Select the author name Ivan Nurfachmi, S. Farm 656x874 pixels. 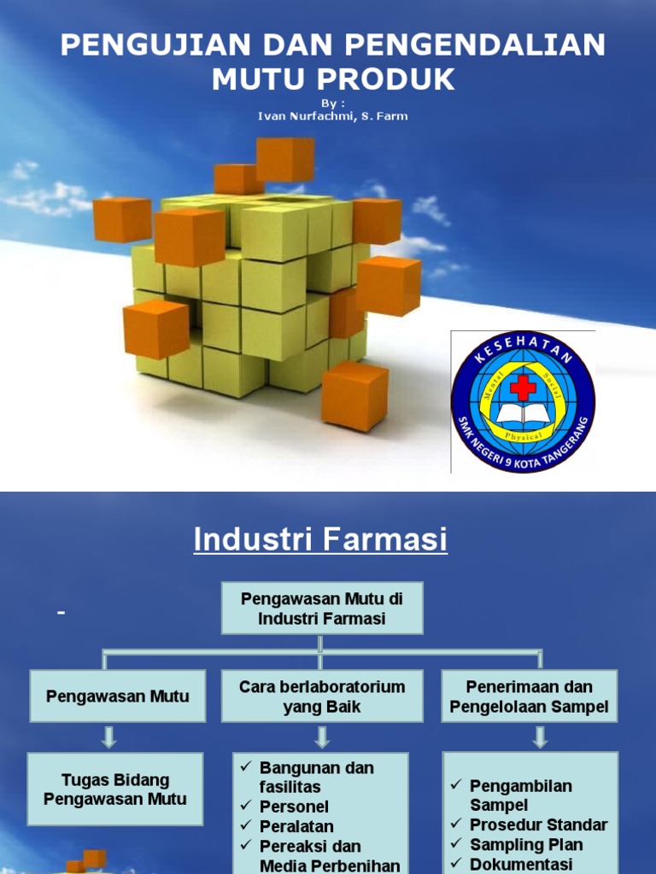[x=333, y=116]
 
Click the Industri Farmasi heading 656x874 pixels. [x=320, y=539]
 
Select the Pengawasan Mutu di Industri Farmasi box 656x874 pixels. [x=322, y=609]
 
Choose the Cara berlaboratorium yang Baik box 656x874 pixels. [x=322, y=696]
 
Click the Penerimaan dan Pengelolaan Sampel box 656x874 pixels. [x=530, y=696]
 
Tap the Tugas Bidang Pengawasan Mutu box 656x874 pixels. [x=115, y=790]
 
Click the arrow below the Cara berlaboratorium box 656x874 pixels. [x=322, y=737]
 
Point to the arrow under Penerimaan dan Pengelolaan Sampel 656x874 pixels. [x=539, y=737]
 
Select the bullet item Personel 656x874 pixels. [x=294, y=807]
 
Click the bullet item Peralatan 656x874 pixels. [x=296, y=826]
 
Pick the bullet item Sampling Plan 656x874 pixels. [x=526, y=845]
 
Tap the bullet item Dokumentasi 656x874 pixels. [x=521, y=865]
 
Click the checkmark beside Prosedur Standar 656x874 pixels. [x=456, y=824]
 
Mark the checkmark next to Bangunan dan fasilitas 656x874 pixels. [x=246, y=768]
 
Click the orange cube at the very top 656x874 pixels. [x=285, y=159]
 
